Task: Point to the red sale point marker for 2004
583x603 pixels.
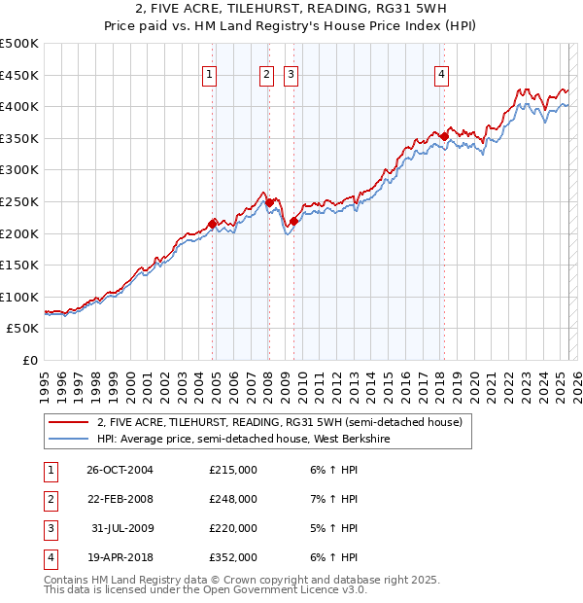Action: tap(212, 223)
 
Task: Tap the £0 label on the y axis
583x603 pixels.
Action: tap(29, 360)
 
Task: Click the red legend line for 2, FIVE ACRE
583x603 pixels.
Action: tap(68, 421)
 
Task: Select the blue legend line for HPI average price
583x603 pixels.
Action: tap(68, 439)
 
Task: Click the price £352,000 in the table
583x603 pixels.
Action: tap(232, 558)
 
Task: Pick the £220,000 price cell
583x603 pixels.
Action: tap(232, 529)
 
